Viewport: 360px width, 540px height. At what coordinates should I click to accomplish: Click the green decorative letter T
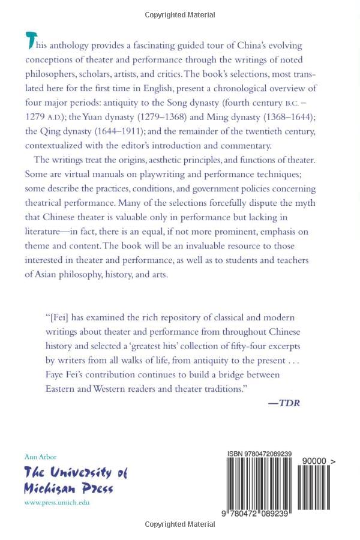[31, 40]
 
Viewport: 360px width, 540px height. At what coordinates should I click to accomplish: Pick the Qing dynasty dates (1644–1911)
[114, 131]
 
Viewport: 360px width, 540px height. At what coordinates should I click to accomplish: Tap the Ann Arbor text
[40, 457]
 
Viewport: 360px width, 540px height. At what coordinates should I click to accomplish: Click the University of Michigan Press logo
[76, 479]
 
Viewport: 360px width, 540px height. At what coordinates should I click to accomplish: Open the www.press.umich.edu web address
[56, 503]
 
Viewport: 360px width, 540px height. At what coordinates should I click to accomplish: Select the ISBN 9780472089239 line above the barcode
[259, 454]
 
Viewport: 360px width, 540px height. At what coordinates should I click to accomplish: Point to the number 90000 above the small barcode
[314, 461]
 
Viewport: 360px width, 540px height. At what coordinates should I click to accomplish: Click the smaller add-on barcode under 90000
[314, 487]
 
